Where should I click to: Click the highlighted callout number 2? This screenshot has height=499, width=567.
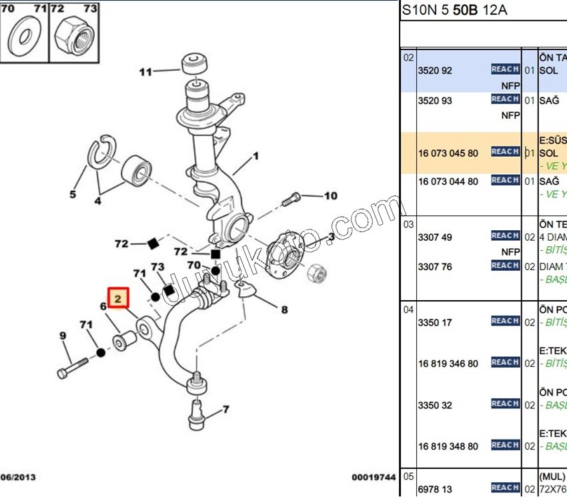click(x=117, y=298)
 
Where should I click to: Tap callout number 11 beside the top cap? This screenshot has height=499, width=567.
click(x=145, y=71)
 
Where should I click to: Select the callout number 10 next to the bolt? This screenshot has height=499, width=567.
click(x=331, y=196)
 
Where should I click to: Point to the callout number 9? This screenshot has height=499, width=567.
click(x=63, y=335)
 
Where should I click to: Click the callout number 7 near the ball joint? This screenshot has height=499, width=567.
click(x=225, y=409)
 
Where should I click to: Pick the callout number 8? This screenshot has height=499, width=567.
click(x=284, y=310)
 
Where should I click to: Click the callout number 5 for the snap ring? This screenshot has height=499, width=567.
click(x=73, y=195)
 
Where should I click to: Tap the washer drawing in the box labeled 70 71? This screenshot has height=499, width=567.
click(x=25, y=37)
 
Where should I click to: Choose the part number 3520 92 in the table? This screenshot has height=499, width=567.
click(x=435, y=70)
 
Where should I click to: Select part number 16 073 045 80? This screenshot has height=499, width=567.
click(x=448, y=153)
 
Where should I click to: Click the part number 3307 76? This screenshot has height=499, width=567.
click(x=435, y=267)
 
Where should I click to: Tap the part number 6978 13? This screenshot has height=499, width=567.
click(x=435, y=489)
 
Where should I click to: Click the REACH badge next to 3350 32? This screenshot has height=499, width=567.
click(x=505, y=404)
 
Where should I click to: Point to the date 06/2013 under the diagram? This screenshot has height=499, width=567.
click(x=18, y=477)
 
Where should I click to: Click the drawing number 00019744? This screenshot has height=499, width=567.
click(x=374, y=477)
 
